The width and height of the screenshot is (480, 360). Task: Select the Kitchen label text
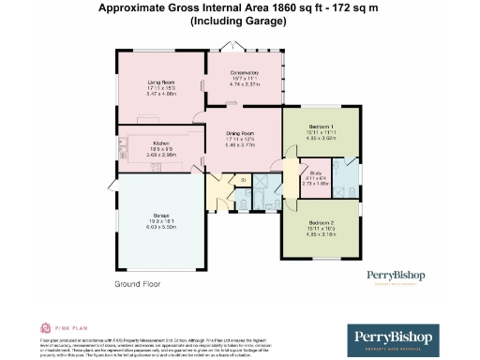161,142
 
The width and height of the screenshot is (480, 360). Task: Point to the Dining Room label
242,133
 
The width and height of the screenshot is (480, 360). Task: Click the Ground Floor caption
139,282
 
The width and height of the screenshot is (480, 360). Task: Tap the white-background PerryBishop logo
395,277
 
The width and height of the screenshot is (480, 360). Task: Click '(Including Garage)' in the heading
240,20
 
